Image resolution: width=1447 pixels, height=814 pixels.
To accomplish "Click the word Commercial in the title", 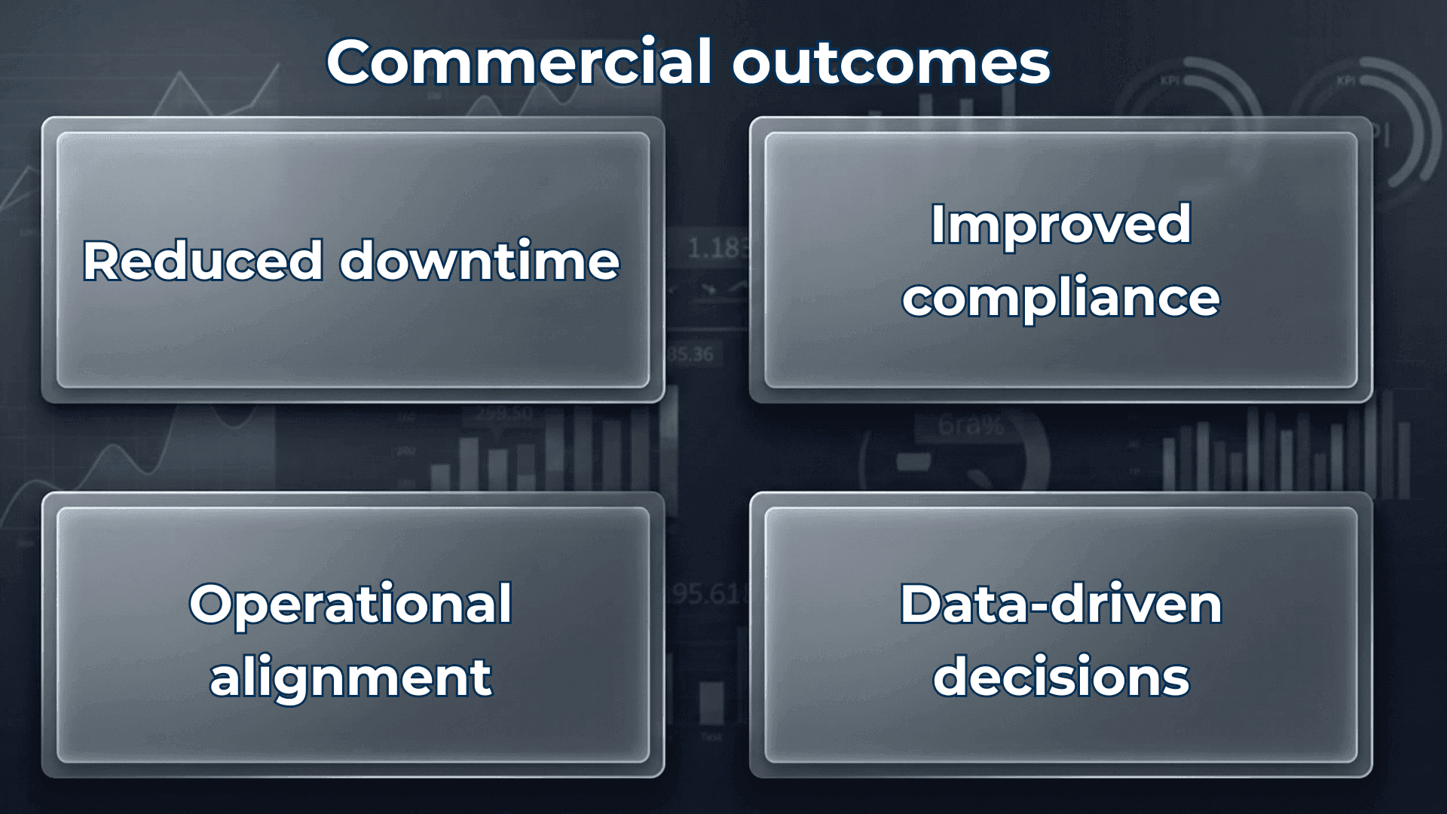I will tap(519, 62).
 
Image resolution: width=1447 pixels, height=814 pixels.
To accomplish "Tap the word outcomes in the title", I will tap(891, 63).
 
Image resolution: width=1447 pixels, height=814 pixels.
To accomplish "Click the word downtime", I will tap(479, 261).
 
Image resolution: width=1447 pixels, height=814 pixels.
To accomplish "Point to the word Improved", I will tap(1060, 225).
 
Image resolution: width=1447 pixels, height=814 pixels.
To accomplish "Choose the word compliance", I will tap(1060, 298).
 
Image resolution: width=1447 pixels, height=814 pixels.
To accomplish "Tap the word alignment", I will tap(350, 676).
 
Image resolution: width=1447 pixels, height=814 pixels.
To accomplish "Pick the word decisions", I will tap(1060, 676).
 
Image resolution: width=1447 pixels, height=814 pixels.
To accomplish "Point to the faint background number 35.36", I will tap(691, 354).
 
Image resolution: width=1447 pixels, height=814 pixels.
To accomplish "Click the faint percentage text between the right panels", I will tap(971, 426).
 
